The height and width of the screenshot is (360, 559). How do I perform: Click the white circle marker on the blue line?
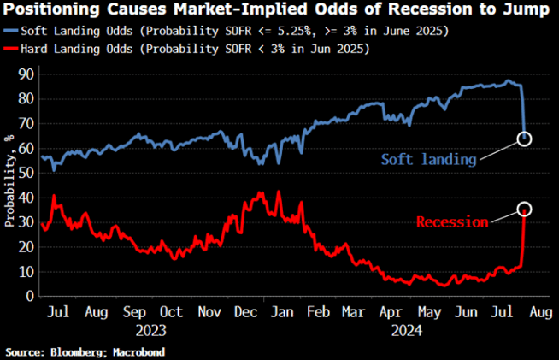coord(525,139)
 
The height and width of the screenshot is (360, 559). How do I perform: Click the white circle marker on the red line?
coord(525,209)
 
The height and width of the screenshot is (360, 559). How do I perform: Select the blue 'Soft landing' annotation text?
coord(426,159)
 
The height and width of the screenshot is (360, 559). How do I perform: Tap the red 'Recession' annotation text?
coord(452,222)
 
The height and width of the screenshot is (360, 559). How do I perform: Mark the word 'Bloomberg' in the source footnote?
coord(77,351)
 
